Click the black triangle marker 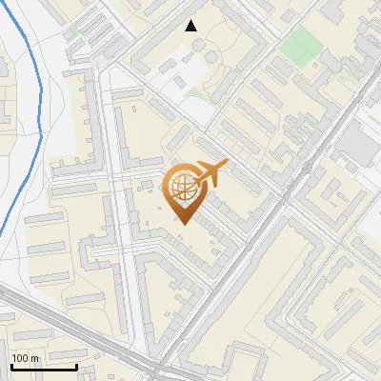(191, 26)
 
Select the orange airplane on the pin (210, 173)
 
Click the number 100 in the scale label (21, 358)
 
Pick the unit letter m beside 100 (35, 358)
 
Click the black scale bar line (44, 367)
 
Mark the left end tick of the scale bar (11, 365)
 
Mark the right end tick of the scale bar (76, 365)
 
